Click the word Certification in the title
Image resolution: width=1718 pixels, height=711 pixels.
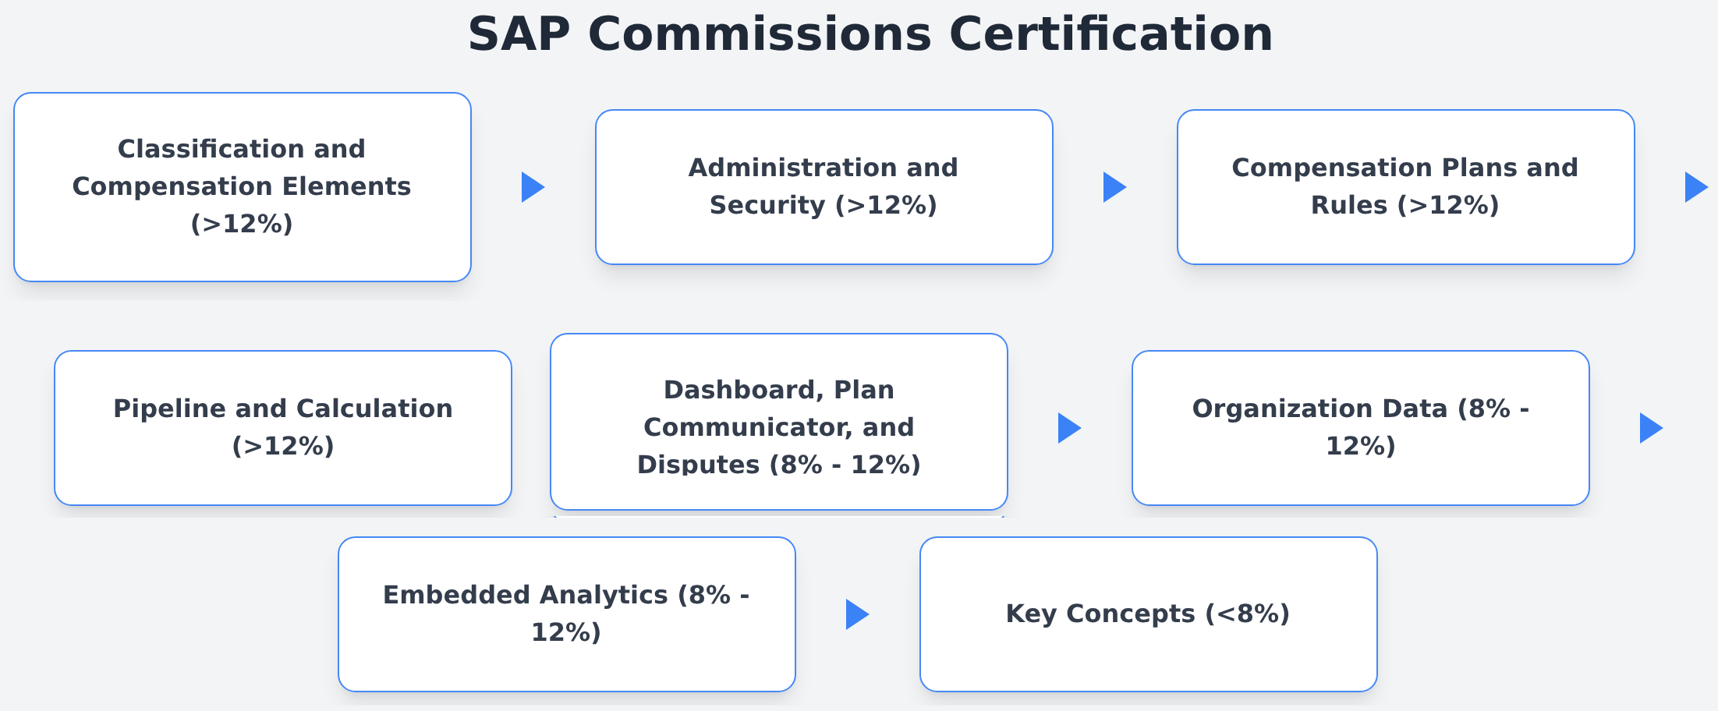[x=1111, y=35]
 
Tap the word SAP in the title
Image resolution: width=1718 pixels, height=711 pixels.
[x=519, y=35]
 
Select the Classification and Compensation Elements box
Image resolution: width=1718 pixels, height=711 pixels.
[x=243, y=187]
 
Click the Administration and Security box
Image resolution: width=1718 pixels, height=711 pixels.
[x=824, y=187]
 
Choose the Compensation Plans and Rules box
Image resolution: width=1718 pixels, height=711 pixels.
[x=1406, y=187]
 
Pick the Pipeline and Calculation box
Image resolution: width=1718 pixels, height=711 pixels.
[x=283, y=428]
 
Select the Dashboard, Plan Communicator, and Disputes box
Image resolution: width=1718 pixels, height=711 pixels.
[x=779, y=422]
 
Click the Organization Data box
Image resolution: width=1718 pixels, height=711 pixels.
[x=1361, y=428]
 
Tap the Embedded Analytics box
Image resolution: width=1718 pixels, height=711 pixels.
[x=567, y=614]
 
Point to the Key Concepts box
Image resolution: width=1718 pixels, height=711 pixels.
[x=1149, y=614]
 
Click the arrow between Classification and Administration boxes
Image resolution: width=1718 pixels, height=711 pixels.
[x=533, y=187]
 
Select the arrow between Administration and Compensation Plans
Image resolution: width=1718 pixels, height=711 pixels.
[x=1115, y=187]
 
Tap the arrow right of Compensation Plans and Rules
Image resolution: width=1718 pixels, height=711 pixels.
[x=1697, y=187]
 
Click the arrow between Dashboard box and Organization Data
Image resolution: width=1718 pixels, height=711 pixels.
[x=1070, y=428]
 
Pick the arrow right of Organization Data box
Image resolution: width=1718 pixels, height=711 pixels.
[x=1652, y=428]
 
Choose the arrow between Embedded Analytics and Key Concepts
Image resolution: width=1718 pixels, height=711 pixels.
[x=858, y=614]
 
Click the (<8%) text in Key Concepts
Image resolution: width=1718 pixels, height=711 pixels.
[x=1248, y=614]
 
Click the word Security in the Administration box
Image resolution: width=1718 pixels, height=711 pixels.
[x=767, y=206]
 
